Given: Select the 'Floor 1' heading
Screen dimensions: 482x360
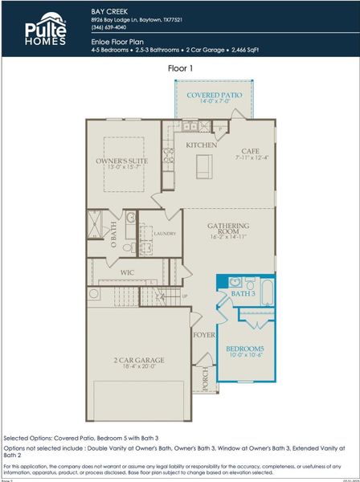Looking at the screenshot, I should click(x=180, y=69).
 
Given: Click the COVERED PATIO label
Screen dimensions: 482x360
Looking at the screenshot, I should click(x=207, y=95).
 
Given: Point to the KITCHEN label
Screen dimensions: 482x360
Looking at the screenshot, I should click(x=201, y=145).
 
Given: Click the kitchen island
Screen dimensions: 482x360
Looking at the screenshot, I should click(x=202, y=166).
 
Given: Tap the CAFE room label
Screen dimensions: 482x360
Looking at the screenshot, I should click(x=250, y=150).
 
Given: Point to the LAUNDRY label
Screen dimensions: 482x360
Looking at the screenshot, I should click(x=165, y=234).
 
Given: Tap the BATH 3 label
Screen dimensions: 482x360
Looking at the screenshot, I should click(x=242, y=294).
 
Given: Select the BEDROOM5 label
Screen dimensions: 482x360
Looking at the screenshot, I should click(x=247, y=349).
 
